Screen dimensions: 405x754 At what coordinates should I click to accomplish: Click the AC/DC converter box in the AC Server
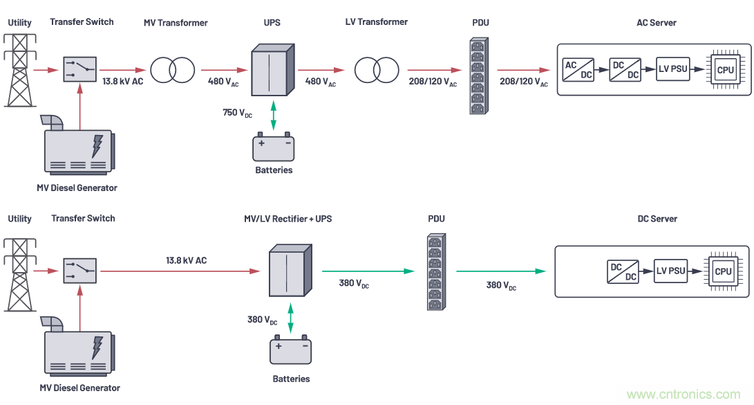[578, 69]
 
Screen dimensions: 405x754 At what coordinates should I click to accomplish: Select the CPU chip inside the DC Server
[723, 271]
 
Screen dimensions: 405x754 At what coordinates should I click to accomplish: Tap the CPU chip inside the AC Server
[725, 69]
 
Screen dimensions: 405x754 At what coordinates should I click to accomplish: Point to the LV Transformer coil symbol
[377, 69]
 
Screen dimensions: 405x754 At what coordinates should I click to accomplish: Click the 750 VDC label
[237, 113]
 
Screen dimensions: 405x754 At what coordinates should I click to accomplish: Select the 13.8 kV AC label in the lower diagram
[186, 260]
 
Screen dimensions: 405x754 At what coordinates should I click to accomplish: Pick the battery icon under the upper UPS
[274, 148]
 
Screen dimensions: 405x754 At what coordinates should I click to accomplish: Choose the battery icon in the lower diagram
[290, 352]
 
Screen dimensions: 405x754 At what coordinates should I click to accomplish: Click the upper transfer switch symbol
[80, 69]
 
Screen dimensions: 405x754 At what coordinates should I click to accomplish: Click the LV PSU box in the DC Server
[670, 271]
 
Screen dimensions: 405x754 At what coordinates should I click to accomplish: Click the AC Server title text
[656, 23]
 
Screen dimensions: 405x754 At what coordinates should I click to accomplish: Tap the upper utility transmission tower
[19, 69]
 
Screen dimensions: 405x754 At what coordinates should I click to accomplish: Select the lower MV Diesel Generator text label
[79, 388]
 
